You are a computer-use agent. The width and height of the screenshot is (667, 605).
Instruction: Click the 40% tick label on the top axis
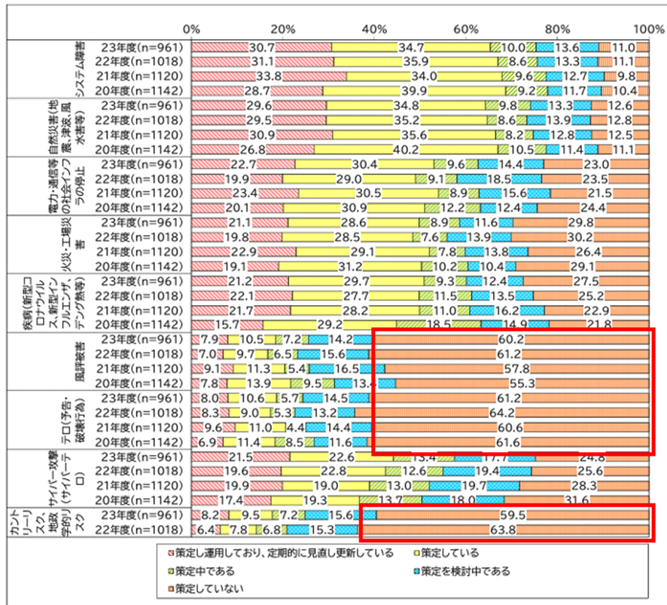[x=374, y=28]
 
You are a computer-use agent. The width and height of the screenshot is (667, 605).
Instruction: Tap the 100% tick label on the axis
[x=647, y=28]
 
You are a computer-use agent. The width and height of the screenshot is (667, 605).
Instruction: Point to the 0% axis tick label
[x=192, y=28]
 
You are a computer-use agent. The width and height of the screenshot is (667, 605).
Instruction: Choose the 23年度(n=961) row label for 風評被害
[x=142, y=340]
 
